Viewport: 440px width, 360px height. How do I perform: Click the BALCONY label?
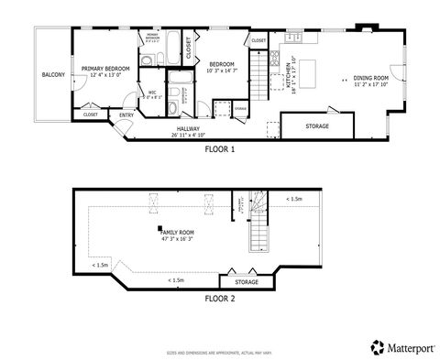tap(52, 75)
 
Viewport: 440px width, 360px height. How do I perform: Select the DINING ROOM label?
tap(372, 78)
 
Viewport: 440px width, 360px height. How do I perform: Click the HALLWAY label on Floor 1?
tap(189, 129)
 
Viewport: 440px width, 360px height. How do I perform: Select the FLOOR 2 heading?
tap(220, 298)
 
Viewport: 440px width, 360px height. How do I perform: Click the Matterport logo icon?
tap(376, 346)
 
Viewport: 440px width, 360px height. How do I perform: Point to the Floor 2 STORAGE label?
tap(247, 281)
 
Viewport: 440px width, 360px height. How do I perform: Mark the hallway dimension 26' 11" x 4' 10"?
tap(189, 136)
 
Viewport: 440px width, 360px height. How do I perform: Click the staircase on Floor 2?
tap(259, 224)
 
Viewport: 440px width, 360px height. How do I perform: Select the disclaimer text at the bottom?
tap(220, 351)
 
